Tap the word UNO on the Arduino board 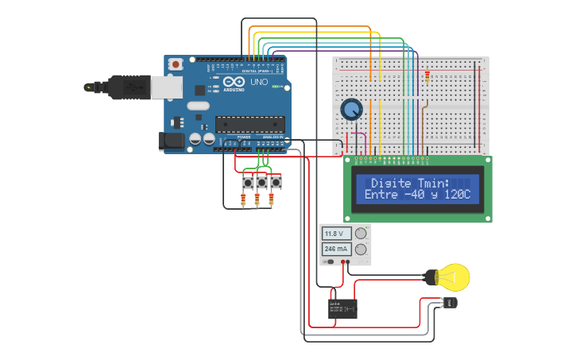pyautogui.click(x=260, y=82)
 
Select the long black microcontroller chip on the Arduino pyautogui.click(x=249, y=123)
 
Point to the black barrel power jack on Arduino pyautogui.click(x=171, y=141)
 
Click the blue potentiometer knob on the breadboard pyautogui.click(x=350, y=110)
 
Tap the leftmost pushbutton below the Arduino pyautogui.click(x=247, y=183)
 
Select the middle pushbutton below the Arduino pyautogui.click(x=261, y=183)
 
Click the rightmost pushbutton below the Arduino pyautogui.click(x=276, y=183)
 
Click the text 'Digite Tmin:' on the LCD pyautogui.click(x=410, y=183)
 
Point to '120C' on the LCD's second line pyautogui.click(x=458, y=195)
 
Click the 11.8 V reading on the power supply pyautogui.click(x=334, y=234)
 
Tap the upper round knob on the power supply pyautogui.click(x=361, y=234)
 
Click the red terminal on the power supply pyautogui.click(x=343, y=261)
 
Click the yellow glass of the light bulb pyautogui.click(x=456, y=277)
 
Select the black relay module pyautogui.click(x=342, y=308)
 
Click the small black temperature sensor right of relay pyautogui.click(x=450, y=303)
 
